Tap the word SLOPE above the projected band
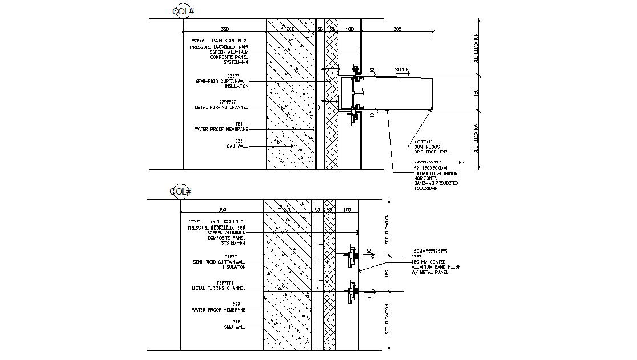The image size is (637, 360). pos(403,70)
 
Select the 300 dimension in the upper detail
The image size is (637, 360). pos(397,29)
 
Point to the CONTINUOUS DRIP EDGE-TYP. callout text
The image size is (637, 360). pos(431,149)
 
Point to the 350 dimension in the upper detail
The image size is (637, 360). pos(225,29)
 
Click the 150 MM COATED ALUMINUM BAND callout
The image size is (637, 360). pos(435,266)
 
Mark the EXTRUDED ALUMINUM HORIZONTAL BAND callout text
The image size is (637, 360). pos(435,178)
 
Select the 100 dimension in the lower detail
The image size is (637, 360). pos(347,210)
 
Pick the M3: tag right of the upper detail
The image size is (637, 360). pos(462,163)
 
